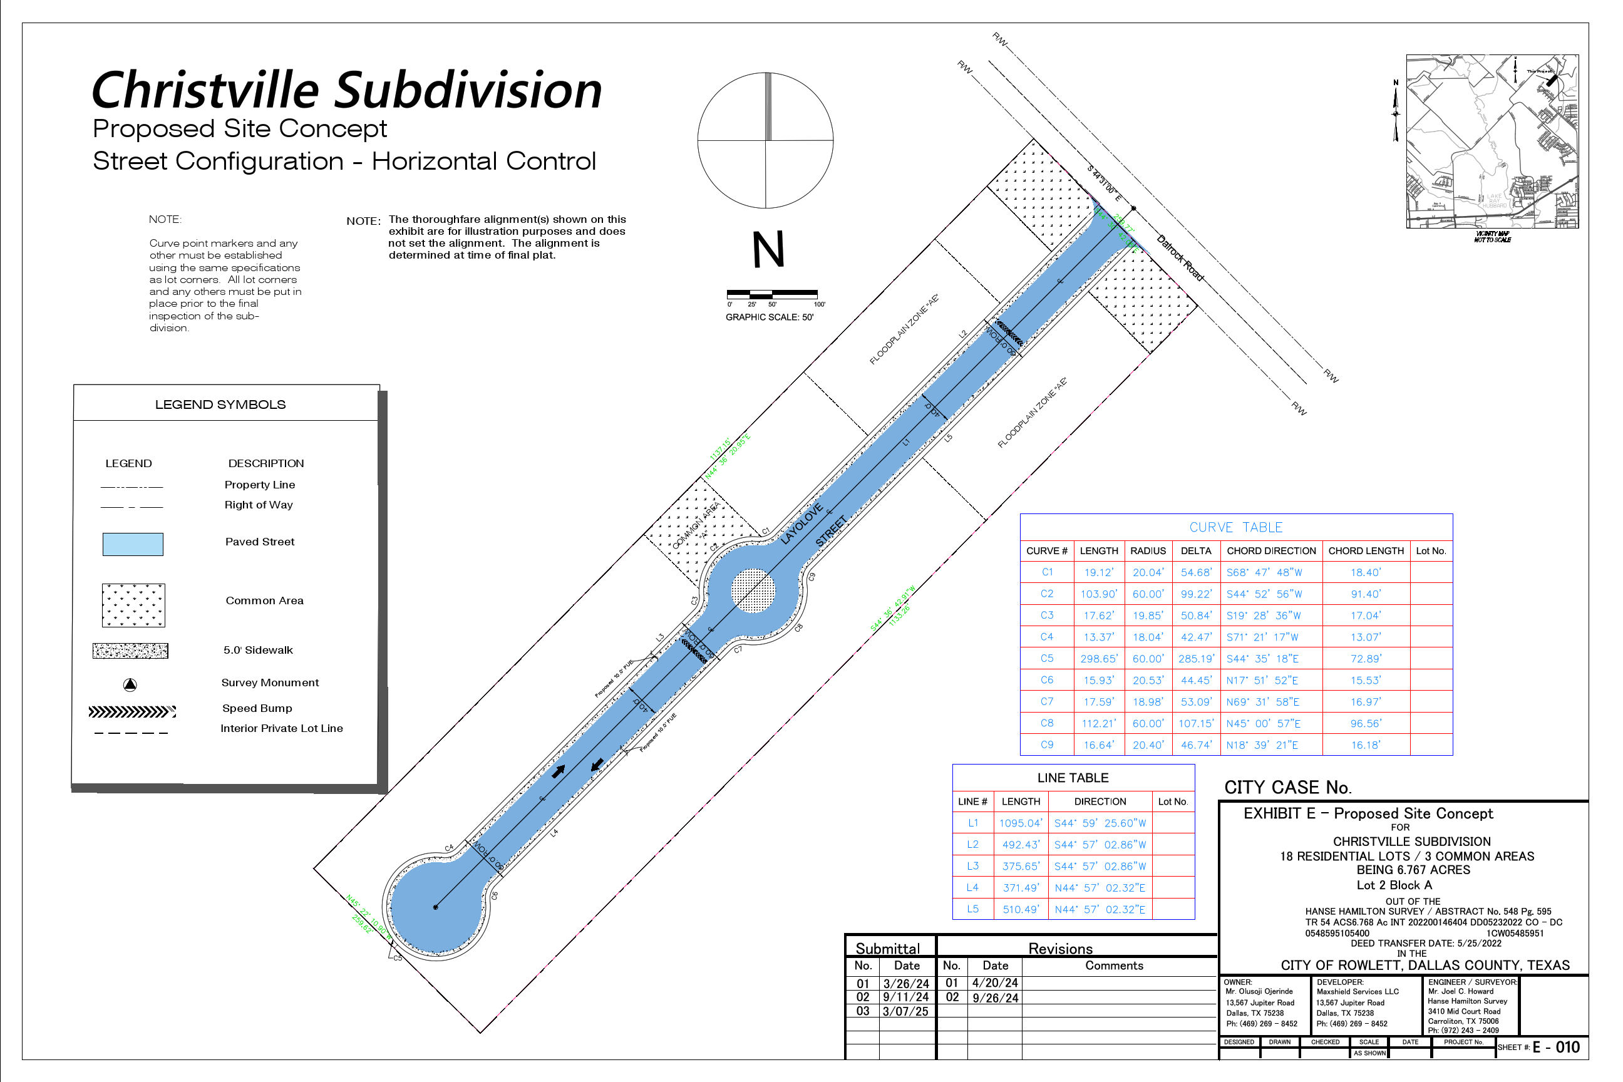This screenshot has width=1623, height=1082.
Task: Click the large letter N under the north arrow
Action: [x=768, y=250]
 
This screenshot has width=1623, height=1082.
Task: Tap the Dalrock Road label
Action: [x=1179, y=258]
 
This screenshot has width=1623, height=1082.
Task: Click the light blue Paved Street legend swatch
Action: [x=133, y=545]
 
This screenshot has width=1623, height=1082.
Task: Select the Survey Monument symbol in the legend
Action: [x=130, y=684]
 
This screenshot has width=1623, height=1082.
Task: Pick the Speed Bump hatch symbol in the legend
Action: [x=131, y=711]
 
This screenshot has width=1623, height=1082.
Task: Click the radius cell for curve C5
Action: [x=1148, y=658]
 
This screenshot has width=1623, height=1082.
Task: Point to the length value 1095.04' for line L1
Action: [x=1021, y=823]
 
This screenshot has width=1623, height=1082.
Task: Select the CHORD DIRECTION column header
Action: [x=1271, y=550]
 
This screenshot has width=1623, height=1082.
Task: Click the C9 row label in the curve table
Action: [x=1047, y=745]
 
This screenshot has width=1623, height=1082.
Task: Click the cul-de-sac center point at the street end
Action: [x=435, y=907]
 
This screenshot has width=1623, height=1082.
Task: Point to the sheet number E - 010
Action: [x=1556, y=1047]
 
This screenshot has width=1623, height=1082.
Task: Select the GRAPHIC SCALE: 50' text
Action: [x=770, y=317]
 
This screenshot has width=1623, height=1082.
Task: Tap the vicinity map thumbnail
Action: [x=1492, y=142]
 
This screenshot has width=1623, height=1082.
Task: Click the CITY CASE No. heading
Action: [x=1287, y=787]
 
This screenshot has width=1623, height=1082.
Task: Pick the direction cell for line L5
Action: [x=1100, y=909]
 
